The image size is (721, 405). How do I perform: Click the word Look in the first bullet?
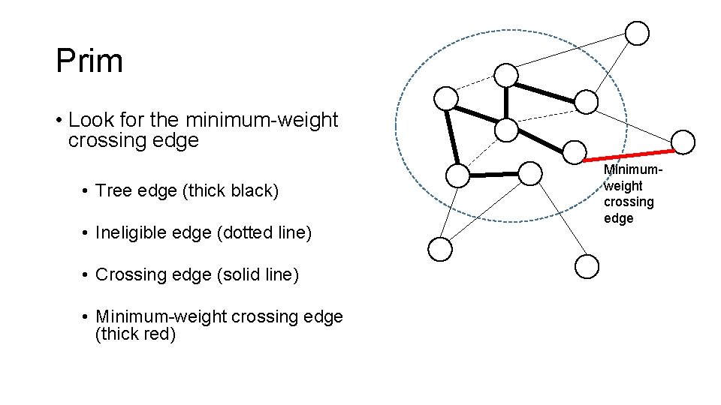[x=86, y=120]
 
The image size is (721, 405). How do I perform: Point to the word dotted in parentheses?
[x=246, y=233]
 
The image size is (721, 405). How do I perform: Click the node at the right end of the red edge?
[x=683, y=141]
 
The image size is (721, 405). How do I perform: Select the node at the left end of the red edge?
[x=575, y=152]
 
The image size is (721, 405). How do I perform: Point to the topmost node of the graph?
[x=637, y=33]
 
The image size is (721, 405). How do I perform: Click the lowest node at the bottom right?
[x=586, y=265]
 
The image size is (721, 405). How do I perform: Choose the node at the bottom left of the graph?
[x=440, y=250]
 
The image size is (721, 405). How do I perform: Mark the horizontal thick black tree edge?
[x=494, y=175]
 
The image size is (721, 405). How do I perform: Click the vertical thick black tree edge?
[x=507, y=102]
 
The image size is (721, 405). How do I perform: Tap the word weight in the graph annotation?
[x=623, y=186]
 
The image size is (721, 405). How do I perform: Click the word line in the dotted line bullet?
[x=290, y=233]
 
